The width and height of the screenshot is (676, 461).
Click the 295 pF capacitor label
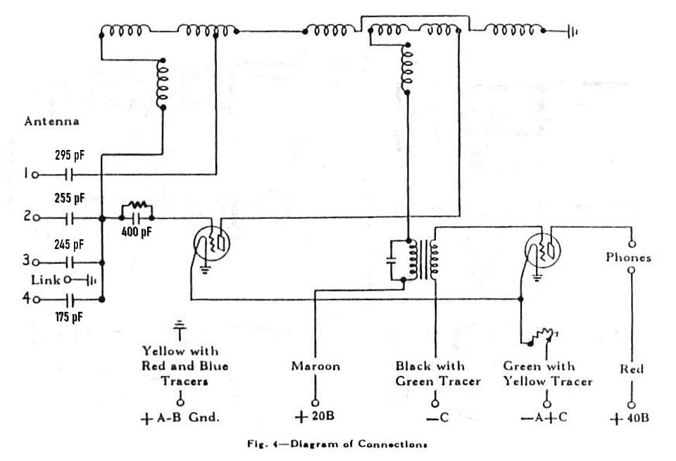pos(70,155)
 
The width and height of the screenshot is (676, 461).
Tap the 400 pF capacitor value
pos(137,232)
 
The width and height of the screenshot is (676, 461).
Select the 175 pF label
pos(69,317)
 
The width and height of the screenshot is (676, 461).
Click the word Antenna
pos(51,121)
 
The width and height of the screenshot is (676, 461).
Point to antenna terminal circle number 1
pos(36,175)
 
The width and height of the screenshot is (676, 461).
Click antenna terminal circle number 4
pos(36,299)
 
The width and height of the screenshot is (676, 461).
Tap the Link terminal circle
pos(68,280)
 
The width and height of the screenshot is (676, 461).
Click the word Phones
pos(628,257)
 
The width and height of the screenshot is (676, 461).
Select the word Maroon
pos(315,366)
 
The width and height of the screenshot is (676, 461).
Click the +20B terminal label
pos(315,417)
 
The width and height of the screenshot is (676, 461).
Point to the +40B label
pos(630,418)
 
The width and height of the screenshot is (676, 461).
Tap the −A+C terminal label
pos(544,417)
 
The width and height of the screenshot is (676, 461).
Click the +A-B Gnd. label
pos(180,418)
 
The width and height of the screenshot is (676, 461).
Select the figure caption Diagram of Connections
pos(358,444)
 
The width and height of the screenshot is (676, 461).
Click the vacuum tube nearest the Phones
pos(542,251)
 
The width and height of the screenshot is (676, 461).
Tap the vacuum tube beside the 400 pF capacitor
pos(211,244)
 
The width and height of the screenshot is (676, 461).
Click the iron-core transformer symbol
pos(424,260)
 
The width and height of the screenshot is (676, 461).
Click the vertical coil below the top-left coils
pos(163,84)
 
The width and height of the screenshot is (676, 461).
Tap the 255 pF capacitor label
pos(70,198)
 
